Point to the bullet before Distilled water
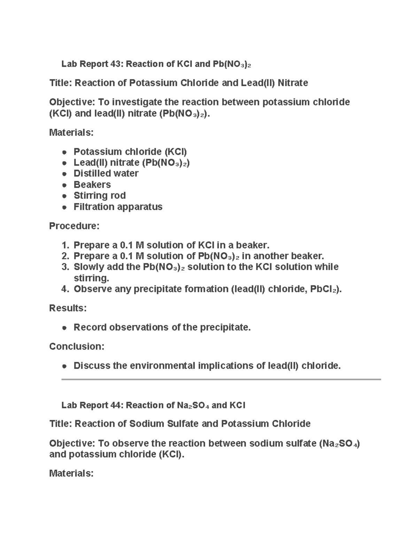(64, 174)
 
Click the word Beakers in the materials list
(92, 185)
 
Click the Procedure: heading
(74, 226)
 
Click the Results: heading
(68, 308)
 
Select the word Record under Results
(90, 327)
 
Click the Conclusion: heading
(77, 347)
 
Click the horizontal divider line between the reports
(221, 379)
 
